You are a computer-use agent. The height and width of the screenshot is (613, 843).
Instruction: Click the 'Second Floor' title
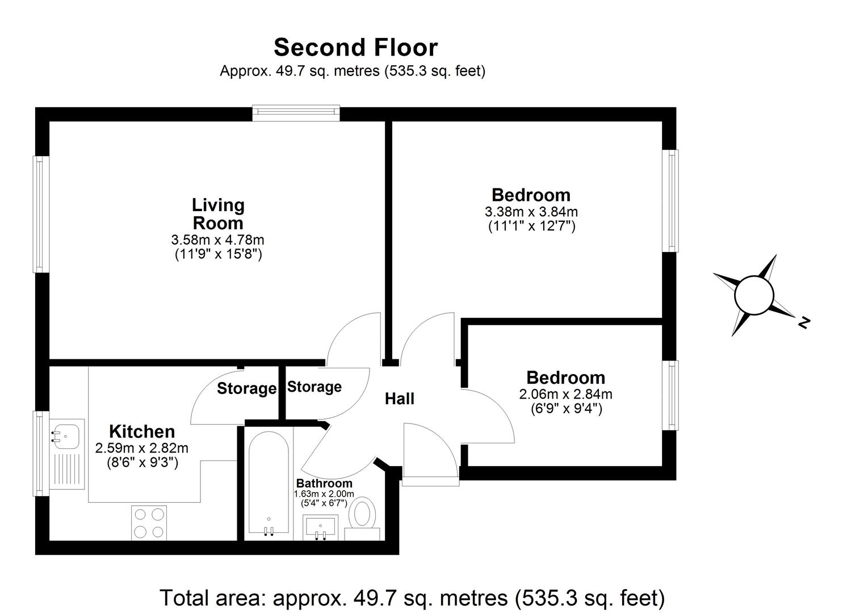(x=355, y=48)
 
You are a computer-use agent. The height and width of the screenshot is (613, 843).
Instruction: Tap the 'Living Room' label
(x=218, y=213)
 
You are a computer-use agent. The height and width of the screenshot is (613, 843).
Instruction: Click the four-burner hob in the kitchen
(x=149, y=523)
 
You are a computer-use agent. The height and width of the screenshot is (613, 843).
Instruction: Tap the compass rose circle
(x=754, y=295)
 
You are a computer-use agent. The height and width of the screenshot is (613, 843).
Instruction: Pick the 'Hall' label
(x=400, y=399)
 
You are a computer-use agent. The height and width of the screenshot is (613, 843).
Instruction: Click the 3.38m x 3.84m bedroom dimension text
(x=531, y=212)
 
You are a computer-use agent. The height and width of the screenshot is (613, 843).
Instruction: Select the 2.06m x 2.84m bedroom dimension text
(x=565, y=394)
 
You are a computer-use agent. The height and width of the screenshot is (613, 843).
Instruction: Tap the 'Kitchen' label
(x=142, y=431)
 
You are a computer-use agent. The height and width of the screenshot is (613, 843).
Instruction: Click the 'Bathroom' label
(x=324, y=484)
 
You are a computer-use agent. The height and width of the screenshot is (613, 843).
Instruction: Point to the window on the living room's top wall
(x=296, y=114)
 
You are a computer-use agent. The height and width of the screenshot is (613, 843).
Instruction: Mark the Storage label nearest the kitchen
(x=246, y=389)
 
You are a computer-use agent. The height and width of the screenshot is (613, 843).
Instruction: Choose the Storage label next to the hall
(x=314, y=387)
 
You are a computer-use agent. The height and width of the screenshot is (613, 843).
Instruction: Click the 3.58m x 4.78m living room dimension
(x=218, y=240)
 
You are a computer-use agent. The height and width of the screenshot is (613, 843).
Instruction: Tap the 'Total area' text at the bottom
(x=412, y=598)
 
